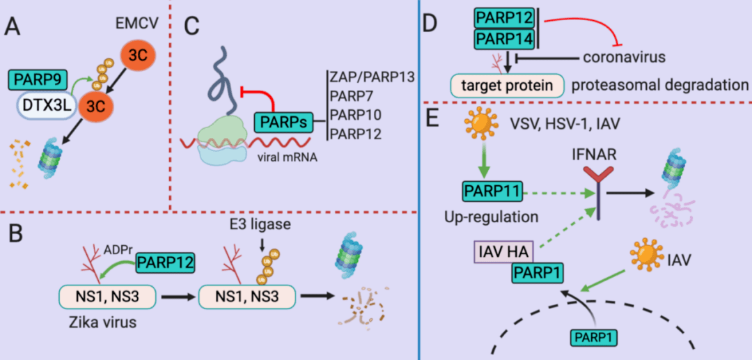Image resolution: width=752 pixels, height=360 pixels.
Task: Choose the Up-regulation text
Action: (491, 217)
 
